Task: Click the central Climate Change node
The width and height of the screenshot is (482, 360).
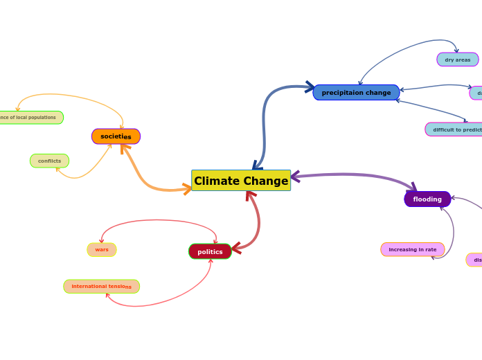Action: (241, 181)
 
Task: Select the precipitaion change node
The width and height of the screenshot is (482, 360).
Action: (356, 93)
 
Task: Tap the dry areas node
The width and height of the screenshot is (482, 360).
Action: (457, 60)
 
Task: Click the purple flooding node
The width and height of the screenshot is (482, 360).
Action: (427, 199)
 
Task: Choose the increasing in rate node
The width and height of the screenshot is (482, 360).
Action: (412, 249)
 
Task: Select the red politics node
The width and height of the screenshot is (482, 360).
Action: (210, 251)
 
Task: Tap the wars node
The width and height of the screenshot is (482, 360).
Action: (102, 249)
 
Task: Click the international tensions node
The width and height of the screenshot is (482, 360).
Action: (101, 286)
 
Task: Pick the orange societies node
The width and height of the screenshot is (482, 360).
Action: (116, 136)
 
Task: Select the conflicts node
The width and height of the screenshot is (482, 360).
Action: (49, 161)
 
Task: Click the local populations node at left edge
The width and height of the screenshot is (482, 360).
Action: (29, 118)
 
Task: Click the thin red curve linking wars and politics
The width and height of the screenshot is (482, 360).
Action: (159, 220)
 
